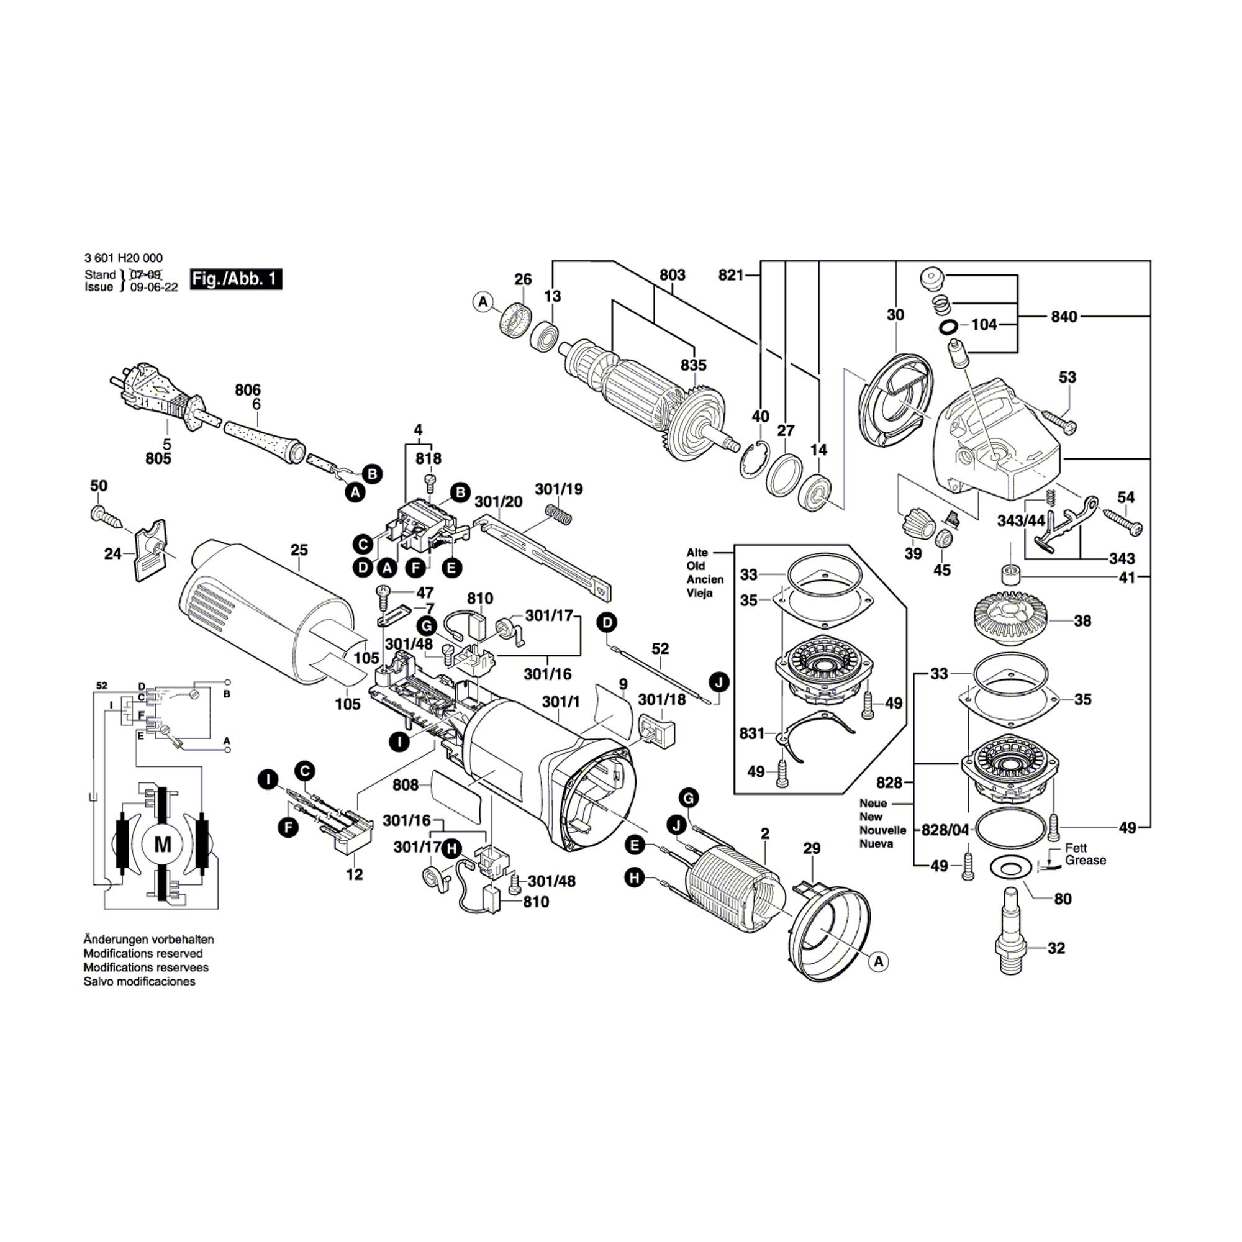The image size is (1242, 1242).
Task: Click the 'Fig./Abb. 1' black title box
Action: (236, 279)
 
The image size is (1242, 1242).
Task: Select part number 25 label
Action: (299, 550)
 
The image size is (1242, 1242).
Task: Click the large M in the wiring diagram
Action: (163, 843)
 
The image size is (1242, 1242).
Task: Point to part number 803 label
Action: (673, 275)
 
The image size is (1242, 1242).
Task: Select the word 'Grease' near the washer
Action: (1086, 860)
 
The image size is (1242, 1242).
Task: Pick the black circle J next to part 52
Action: (719, 681)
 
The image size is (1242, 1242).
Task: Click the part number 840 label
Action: (1064, 316)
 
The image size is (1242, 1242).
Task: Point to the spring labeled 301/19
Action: (558, 513)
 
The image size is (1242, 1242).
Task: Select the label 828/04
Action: (945, 830)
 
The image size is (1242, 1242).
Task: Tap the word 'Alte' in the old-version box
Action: (697, 552)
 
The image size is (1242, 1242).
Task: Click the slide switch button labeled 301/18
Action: (657, 730)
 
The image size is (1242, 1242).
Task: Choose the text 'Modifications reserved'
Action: (143, 953)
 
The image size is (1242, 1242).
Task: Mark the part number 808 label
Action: (406, 785)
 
